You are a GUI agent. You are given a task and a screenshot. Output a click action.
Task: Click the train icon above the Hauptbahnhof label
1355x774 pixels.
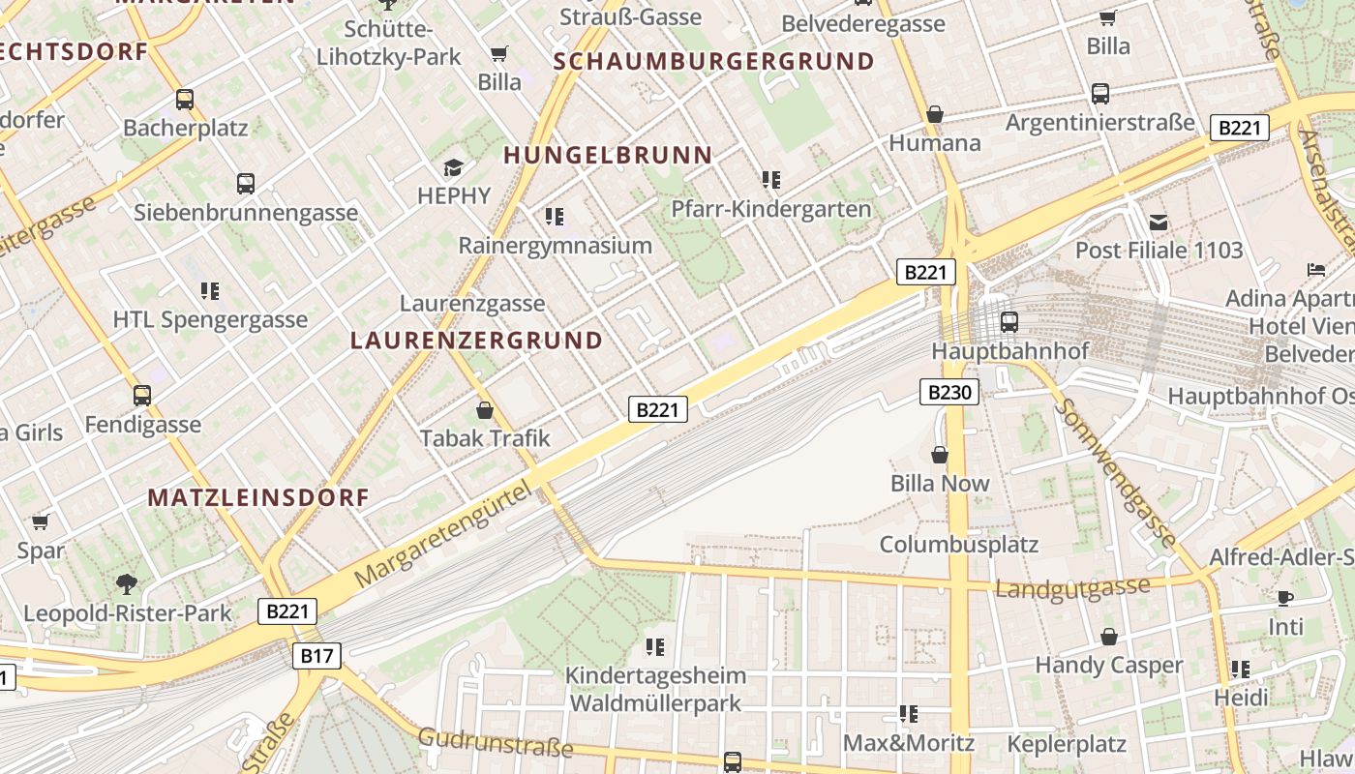[x=1009, y=321]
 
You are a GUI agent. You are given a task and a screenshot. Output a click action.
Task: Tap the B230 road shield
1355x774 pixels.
[x=948, y=392]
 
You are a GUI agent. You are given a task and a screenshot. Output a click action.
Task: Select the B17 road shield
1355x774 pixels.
[x=316, y=656]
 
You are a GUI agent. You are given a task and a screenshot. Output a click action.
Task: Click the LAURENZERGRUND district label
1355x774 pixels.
[x=476, y=341]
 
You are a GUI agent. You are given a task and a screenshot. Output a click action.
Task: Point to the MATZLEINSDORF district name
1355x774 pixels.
[x=258, y=497]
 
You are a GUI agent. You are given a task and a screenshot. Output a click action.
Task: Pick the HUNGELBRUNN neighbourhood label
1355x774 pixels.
[x=608, y=155]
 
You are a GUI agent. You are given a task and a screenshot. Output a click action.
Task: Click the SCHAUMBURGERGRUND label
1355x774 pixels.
[x=713, y=62]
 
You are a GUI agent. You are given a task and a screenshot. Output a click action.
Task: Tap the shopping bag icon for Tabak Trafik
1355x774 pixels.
[x=485, y=410]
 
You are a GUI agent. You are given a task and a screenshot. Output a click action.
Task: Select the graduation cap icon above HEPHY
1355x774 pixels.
[x=453, y=168]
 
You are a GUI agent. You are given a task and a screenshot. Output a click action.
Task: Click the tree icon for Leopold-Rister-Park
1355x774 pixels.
[x=127, y=583]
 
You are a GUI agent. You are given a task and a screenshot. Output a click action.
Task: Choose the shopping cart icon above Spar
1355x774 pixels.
[x=41, y=522]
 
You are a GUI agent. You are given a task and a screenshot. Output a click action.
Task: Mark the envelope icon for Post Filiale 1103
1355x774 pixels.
[x=1159, y=223]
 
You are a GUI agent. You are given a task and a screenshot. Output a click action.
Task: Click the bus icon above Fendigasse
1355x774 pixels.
[x=142, y=395]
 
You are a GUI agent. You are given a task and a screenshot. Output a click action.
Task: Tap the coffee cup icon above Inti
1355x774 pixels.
[x=1285, y=598]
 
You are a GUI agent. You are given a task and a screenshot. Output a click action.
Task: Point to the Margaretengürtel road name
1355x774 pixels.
[x=445, y=531]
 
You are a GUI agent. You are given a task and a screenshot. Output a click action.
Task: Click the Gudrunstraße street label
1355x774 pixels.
[x=495, y=742]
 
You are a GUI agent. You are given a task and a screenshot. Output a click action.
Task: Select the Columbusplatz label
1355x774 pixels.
[x=958, y=544]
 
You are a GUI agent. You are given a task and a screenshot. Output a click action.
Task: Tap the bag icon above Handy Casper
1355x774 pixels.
[x=1109, y=637]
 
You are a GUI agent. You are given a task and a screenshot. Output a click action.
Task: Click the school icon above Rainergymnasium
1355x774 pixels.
[x=554, y=216]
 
